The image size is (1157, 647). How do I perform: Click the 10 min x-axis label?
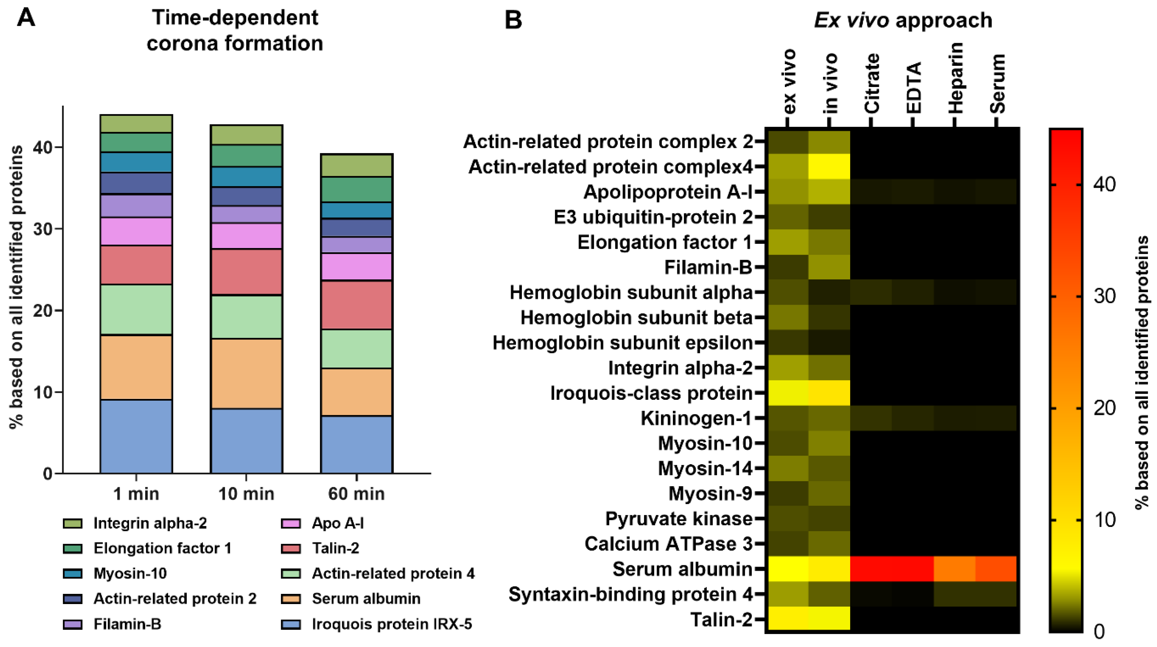[x=246, y=494]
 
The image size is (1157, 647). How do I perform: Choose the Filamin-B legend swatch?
[x=73, y=624]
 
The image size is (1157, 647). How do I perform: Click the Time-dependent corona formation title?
[x=235, y=30]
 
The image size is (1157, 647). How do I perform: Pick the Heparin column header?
[x=955, y=79]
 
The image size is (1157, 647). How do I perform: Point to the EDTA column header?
[x=913, y=88]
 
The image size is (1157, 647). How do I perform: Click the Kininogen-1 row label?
[x=696, y=418]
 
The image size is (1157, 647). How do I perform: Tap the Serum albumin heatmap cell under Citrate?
[x=871, y=569]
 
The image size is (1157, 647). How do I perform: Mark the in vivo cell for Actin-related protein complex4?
[x=829, y=167]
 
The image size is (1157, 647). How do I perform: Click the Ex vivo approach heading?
[x=903, y=20]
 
